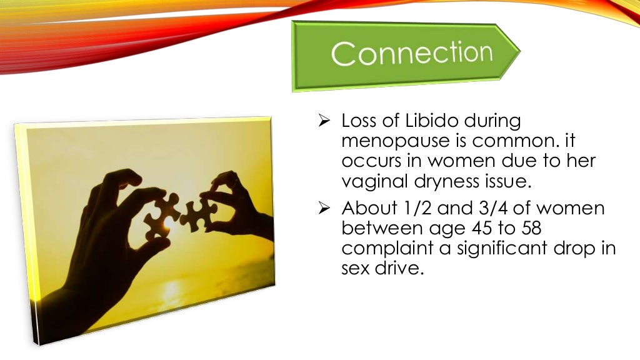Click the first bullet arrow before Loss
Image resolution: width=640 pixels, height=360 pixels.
click(x=324, y=121)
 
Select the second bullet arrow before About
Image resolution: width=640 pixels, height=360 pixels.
click(x=324, y=208)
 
